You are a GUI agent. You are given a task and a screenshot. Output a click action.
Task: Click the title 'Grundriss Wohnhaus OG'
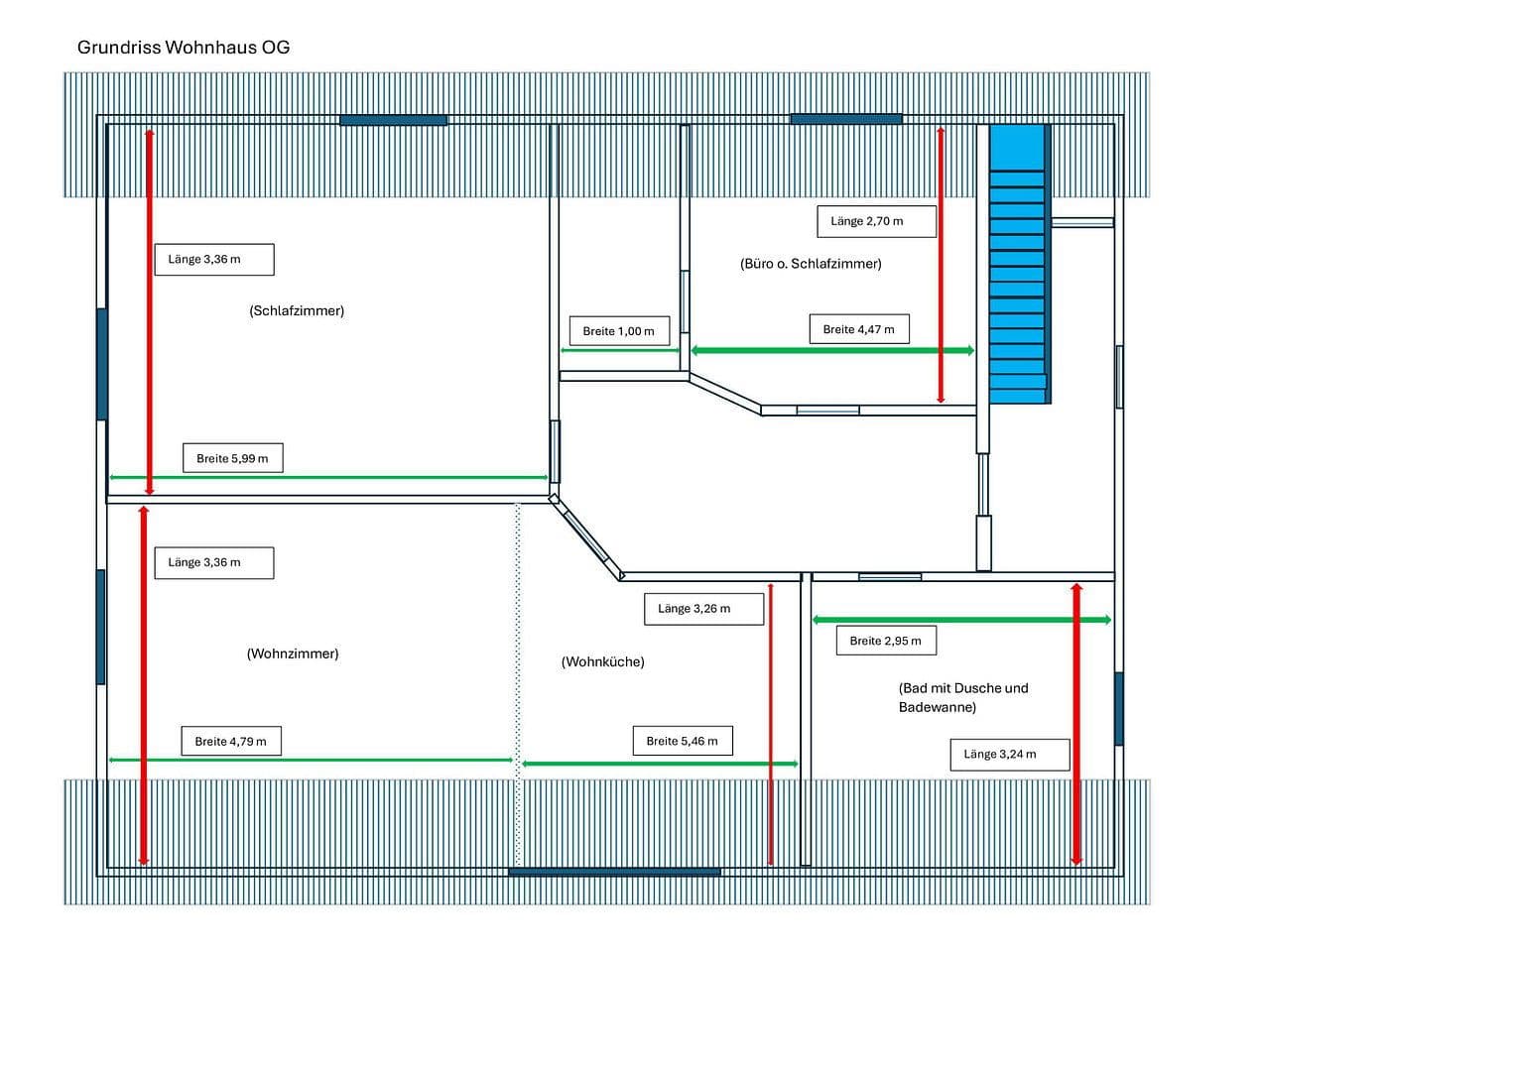[184, 48]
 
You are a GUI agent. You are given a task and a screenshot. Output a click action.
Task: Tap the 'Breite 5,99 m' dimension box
[232, 458]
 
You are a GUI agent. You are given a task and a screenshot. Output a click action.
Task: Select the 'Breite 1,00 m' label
[618, 331]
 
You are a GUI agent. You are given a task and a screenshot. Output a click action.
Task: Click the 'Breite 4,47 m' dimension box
[858, 329]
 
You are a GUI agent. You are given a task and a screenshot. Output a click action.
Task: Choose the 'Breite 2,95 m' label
[885, 641]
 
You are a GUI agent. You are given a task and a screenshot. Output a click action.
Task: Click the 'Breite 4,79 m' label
[230, 742]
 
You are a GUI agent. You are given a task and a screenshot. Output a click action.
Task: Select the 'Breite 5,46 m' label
[682, 741]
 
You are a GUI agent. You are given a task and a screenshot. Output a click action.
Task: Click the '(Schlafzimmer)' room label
[297, 311]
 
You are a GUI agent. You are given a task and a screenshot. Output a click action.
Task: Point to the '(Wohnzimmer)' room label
[293, 654]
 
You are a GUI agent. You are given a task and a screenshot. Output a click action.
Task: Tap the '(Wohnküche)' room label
[602, 662]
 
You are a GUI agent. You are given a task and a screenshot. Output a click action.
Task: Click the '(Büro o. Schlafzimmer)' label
[811, 264]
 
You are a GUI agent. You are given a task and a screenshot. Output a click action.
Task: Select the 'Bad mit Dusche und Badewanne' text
[962, 698]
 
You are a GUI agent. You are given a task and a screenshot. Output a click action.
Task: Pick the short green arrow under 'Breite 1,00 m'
[619, 350]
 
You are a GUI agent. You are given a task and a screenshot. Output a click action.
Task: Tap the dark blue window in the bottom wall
[614, 872]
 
